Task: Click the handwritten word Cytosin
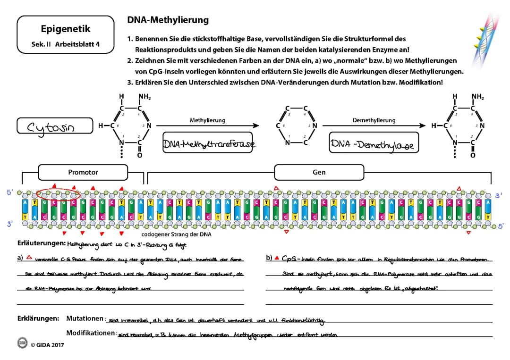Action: pos(54,126)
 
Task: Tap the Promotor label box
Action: pos(83,172)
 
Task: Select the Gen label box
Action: pos(319,172)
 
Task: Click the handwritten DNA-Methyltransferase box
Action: pos(208,144)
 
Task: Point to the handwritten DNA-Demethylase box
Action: pos(374,144)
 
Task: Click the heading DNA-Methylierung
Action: pos(168,20)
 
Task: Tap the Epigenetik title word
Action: pos(65,29)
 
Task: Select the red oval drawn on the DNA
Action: pos(58,193)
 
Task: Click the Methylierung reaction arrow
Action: pos(208,126)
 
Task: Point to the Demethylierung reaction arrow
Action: pos(374,126)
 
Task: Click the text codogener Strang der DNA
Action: pos(177,234)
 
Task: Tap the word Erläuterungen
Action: pos(41,243)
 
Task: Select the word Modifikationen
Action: pos(91,333)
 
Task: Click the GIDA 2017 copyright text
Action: pos(47,344)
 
